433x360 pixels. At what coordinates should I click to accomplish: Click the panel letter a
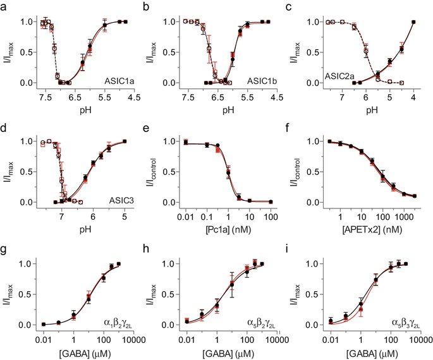pos(4,7)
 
